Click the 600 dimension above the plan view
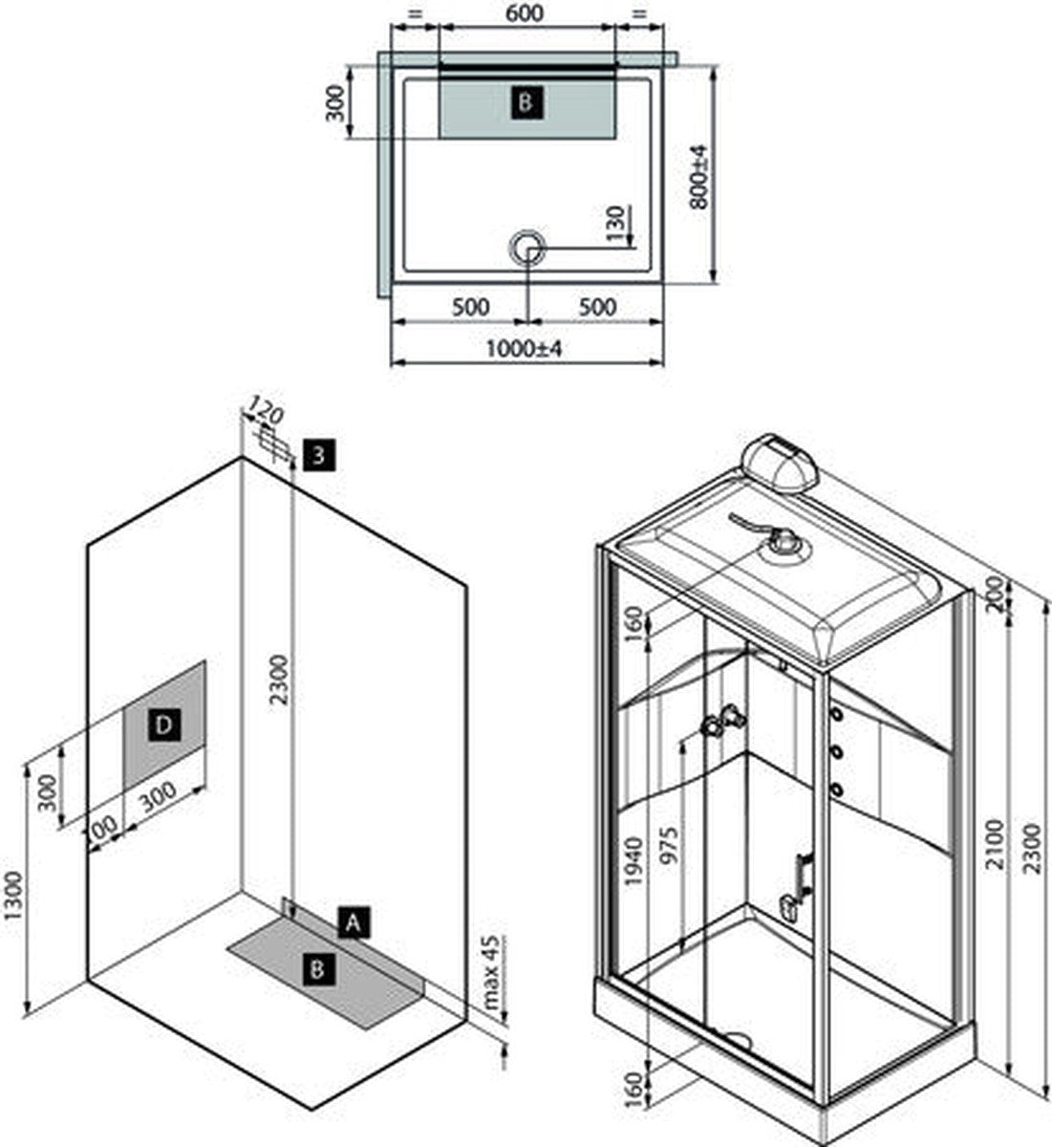click(x=525, y=13)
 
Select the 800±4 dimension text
click(x=698, y=177)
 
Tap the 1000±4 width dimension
click(x=525, y=349)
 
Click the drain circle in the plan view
click(x=526, y=247)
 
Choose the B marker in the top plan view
click(x=526, y=100)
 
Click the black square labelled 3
click(x=319, y=455)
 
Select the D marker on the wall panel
click(x=163, y=725)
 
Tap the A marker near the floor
click(x=354, y=922)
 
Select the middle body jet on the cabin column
click(x=838, y=752)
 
